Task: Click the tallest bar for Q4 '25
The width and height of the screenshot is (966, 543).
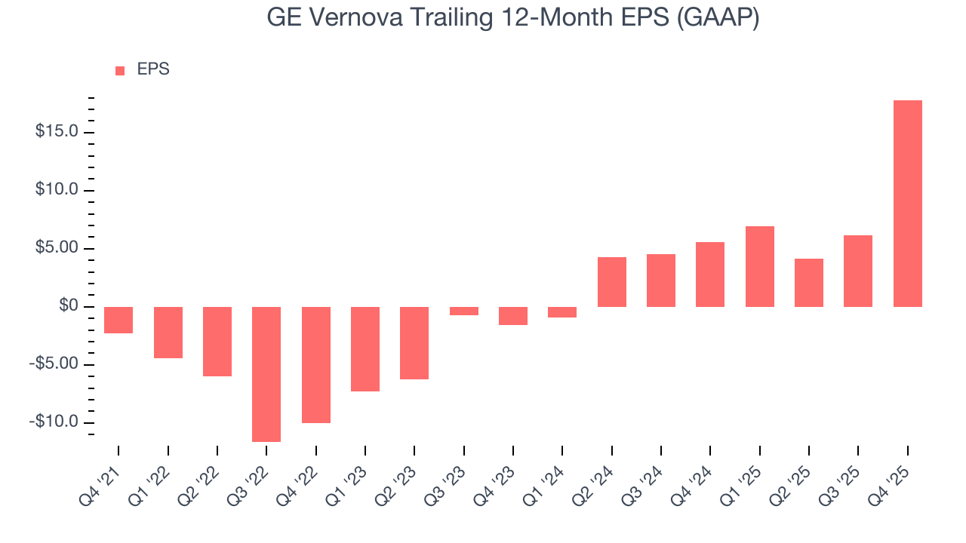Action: [x=907, y=204]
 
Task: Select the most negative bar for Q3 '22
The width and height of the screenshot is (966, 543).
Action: [x=266, y=374]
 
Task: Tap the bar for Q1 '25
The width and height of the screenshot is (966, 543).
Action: [x=759, y=266]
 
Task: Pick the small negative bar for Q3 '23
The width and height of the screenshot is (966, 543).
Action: [x=463, y=311]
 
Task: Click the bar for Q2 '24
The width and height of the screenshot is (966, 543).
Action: [x=611, y=282]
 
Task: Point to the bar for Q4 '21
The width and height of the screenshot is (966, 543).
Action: [x=118, y=320]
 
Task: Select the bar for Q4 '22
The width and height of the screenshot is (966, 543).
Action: [x=315, y=364]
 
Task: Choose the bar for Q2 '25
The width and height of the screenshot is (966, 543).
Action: [x=808, y=283]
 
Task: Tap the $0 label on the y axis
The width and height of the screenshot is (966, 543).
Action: [x=69, y=306]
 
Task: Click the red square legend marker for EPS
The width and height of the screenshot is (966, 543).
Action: [x=120, y=71]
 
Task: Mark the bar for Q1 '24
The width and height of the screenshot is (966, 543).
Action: [x=562, y=312]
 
